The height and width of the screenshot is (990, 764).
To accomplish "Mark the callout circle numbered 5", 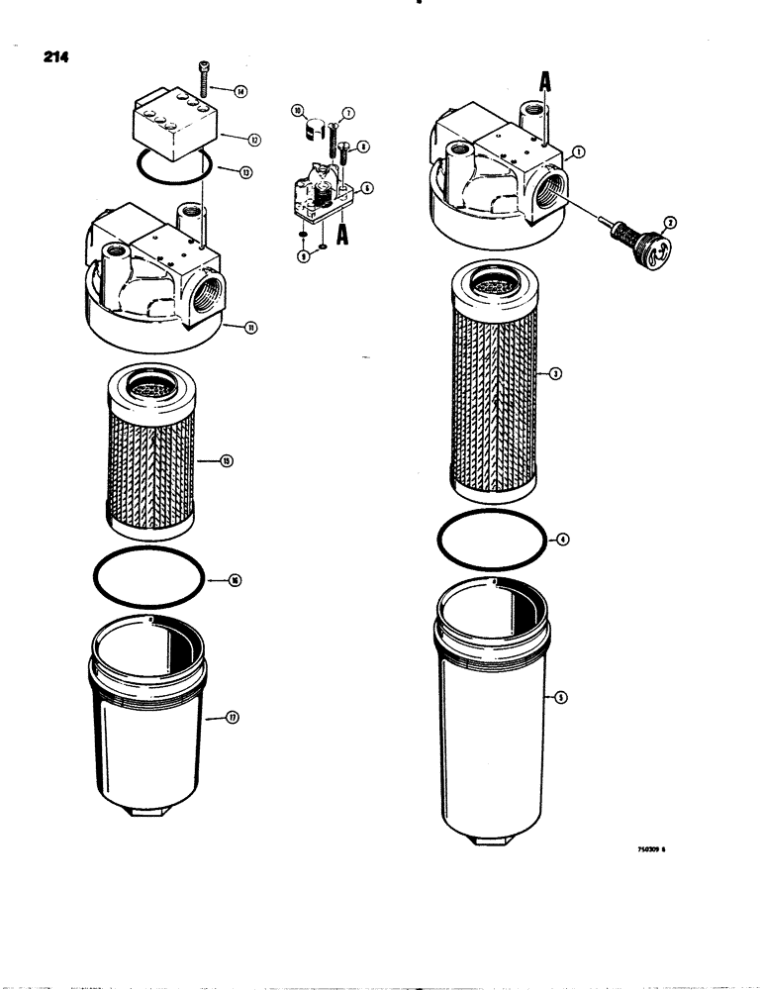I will click(x=561, y=699).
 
